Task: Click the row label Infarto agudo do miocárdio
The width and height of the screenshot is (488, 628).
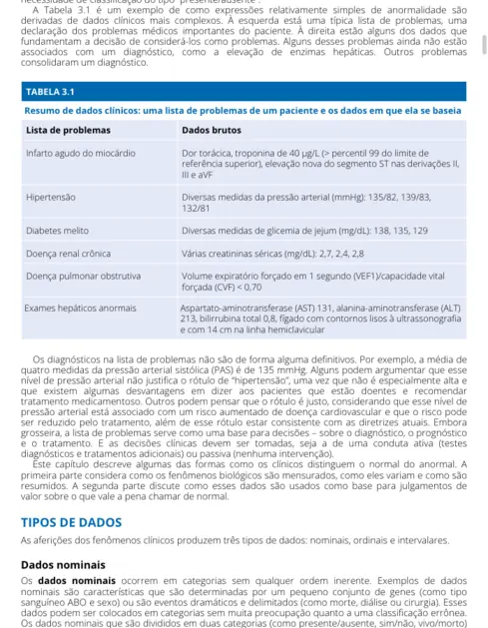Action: pyautogui.click(x=81, y=153)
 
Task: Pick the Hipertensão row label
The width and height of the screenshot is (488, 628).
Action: pyautogui.click(x=54, y=198)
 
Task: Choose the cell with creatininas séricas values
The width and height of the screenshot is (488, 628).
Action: pyautogui.click(x=281, y=253)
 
